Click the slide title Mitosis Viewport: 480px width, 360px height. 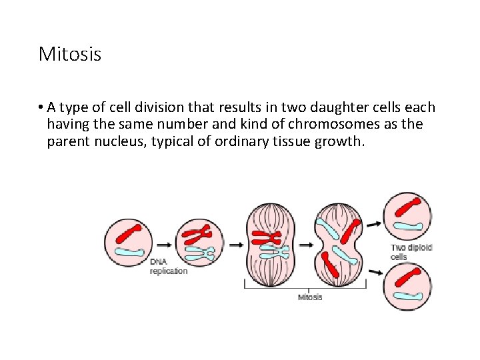point(70,54)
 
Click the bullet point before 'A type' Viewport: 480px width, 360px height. point(41,107)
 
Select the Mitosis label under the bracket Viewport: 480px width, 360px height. point(309,297)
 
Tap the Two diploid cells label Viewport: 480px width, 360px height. point(411,251)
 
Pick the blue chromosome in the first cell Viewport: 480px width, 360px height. point(129,253)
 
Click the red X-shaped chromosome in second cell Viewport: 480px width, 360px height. point(198,234)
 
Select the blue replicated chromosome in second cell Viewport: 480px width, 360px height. point(201,253)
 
